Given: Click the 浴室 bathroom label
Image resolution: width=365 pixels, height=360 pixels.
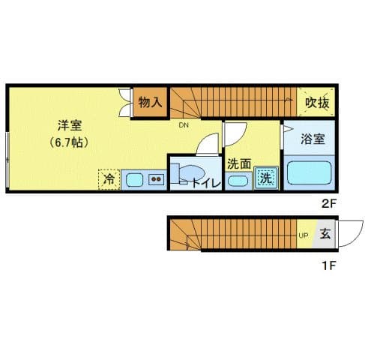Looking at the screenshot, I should point(312,139).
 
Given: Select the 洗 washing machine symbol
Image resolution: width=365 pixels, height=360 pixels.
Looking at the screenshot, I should point(265,178).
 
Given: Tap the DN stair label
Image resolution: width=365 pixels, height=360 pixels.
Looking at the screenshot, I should point(184,125).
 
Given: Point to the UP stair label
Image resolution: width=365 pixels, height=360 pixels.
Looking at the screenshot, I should point(304,236).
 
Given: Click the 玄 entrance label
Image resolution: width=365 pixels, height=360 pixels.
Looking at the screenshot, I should point(325,234).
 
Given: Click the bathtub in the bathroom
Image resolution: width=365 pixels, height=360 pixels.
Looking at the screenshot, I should point(310,172).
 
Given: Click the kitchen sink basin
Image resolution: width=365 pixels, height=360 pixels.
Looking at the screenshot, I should point(135,179).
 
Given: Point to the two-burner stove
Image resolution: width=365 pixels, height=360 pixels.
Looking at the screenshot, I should point(156,179).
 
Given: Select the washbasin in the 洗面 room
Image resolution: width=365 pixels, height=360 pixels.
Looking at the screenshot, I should point(238,180).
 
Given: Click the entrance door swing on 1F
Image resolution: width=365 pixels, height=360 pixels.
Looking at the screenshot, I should point(346,235).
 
